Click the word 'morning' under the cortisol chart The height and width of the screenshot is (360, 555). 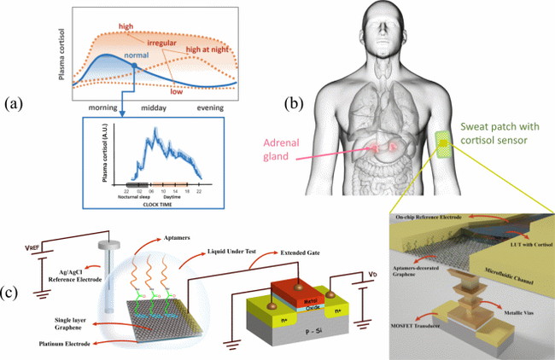(109, 109)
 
